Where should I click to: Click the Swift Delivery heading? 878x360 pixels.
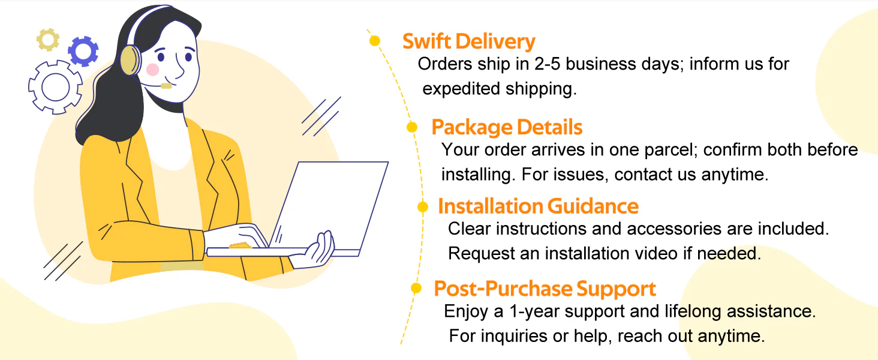click(x=469, y=41)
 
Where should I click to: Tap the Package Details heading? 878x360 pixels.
click(x=507, y=127)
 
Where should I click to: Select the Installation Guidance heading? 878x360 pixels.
click(x=538, y=206)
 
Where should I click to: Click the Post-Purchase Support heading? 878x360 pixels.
click(x=545, y=289)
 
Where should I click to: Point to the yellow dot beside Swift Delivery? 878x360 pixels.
click(x=375, y=40)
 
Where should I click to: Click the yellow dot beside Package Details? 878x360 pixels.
click(x=412, y=127)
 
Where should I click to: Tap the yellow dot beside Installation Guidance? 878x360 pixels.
click(x=423, y=206)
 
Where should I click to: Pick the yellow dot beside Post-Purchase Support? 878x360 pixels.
click(x=416, y=288)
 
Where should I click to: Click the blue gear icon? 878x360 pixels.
click(x=83, y=52)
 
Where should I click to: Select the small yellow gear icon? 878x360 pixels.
click(x=48, y=40)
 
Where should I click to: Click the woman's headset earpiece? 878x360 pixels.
click(x=130, y=60)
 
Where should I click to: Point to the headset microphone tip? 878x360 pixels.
click(x=166, y=86)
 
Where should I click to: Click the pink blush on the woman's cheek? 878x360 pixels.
click(x=152, y=70)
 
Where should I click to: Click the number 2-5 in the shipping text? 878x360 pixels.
click(x=547, y=64)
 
